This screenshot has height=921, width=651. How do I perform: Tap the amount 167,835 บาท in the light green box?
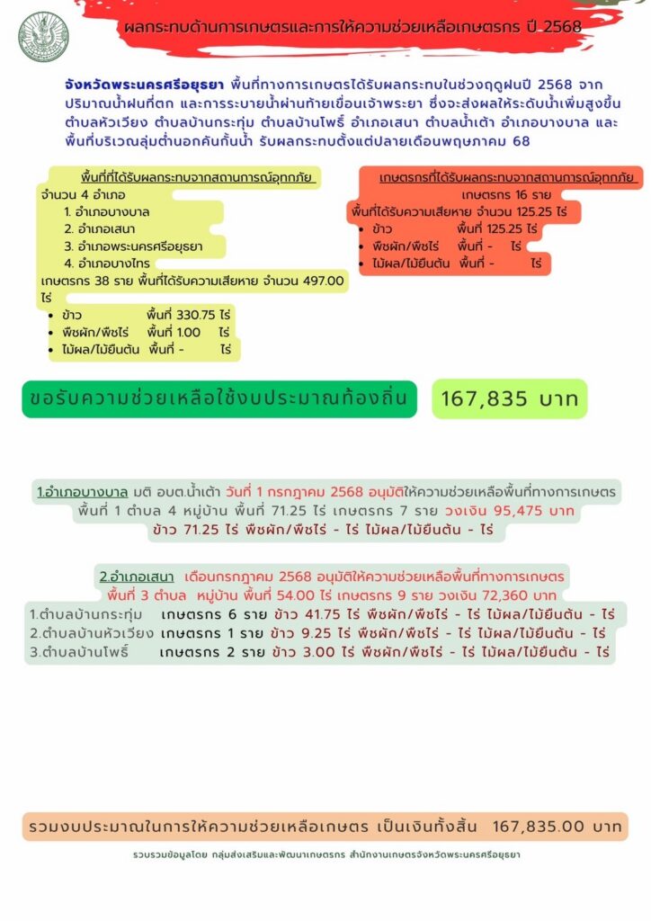(510, 399)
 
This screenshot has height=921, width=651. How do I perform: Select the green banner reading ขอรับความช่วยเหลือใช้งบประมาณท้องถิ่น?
(219, 398)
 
